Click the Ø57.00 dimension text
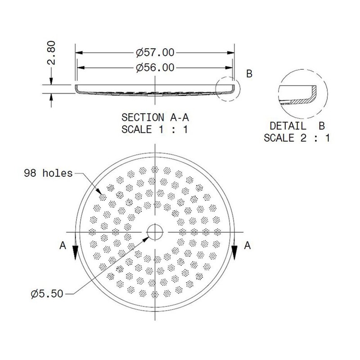click(x=155, y=52)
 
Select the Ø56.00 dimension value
click(x=155, y=67)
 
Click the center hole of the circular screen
click(x=155, y=231)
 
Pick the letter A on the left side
click(x=63, y=245)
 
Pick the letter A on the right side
click(x=247, y=245)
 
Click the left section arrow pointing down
click(x=76, y=255)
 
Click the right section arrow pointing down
click(x=235, y=255)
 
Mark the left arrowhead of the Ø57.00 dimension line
click(x=77, y=52)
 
